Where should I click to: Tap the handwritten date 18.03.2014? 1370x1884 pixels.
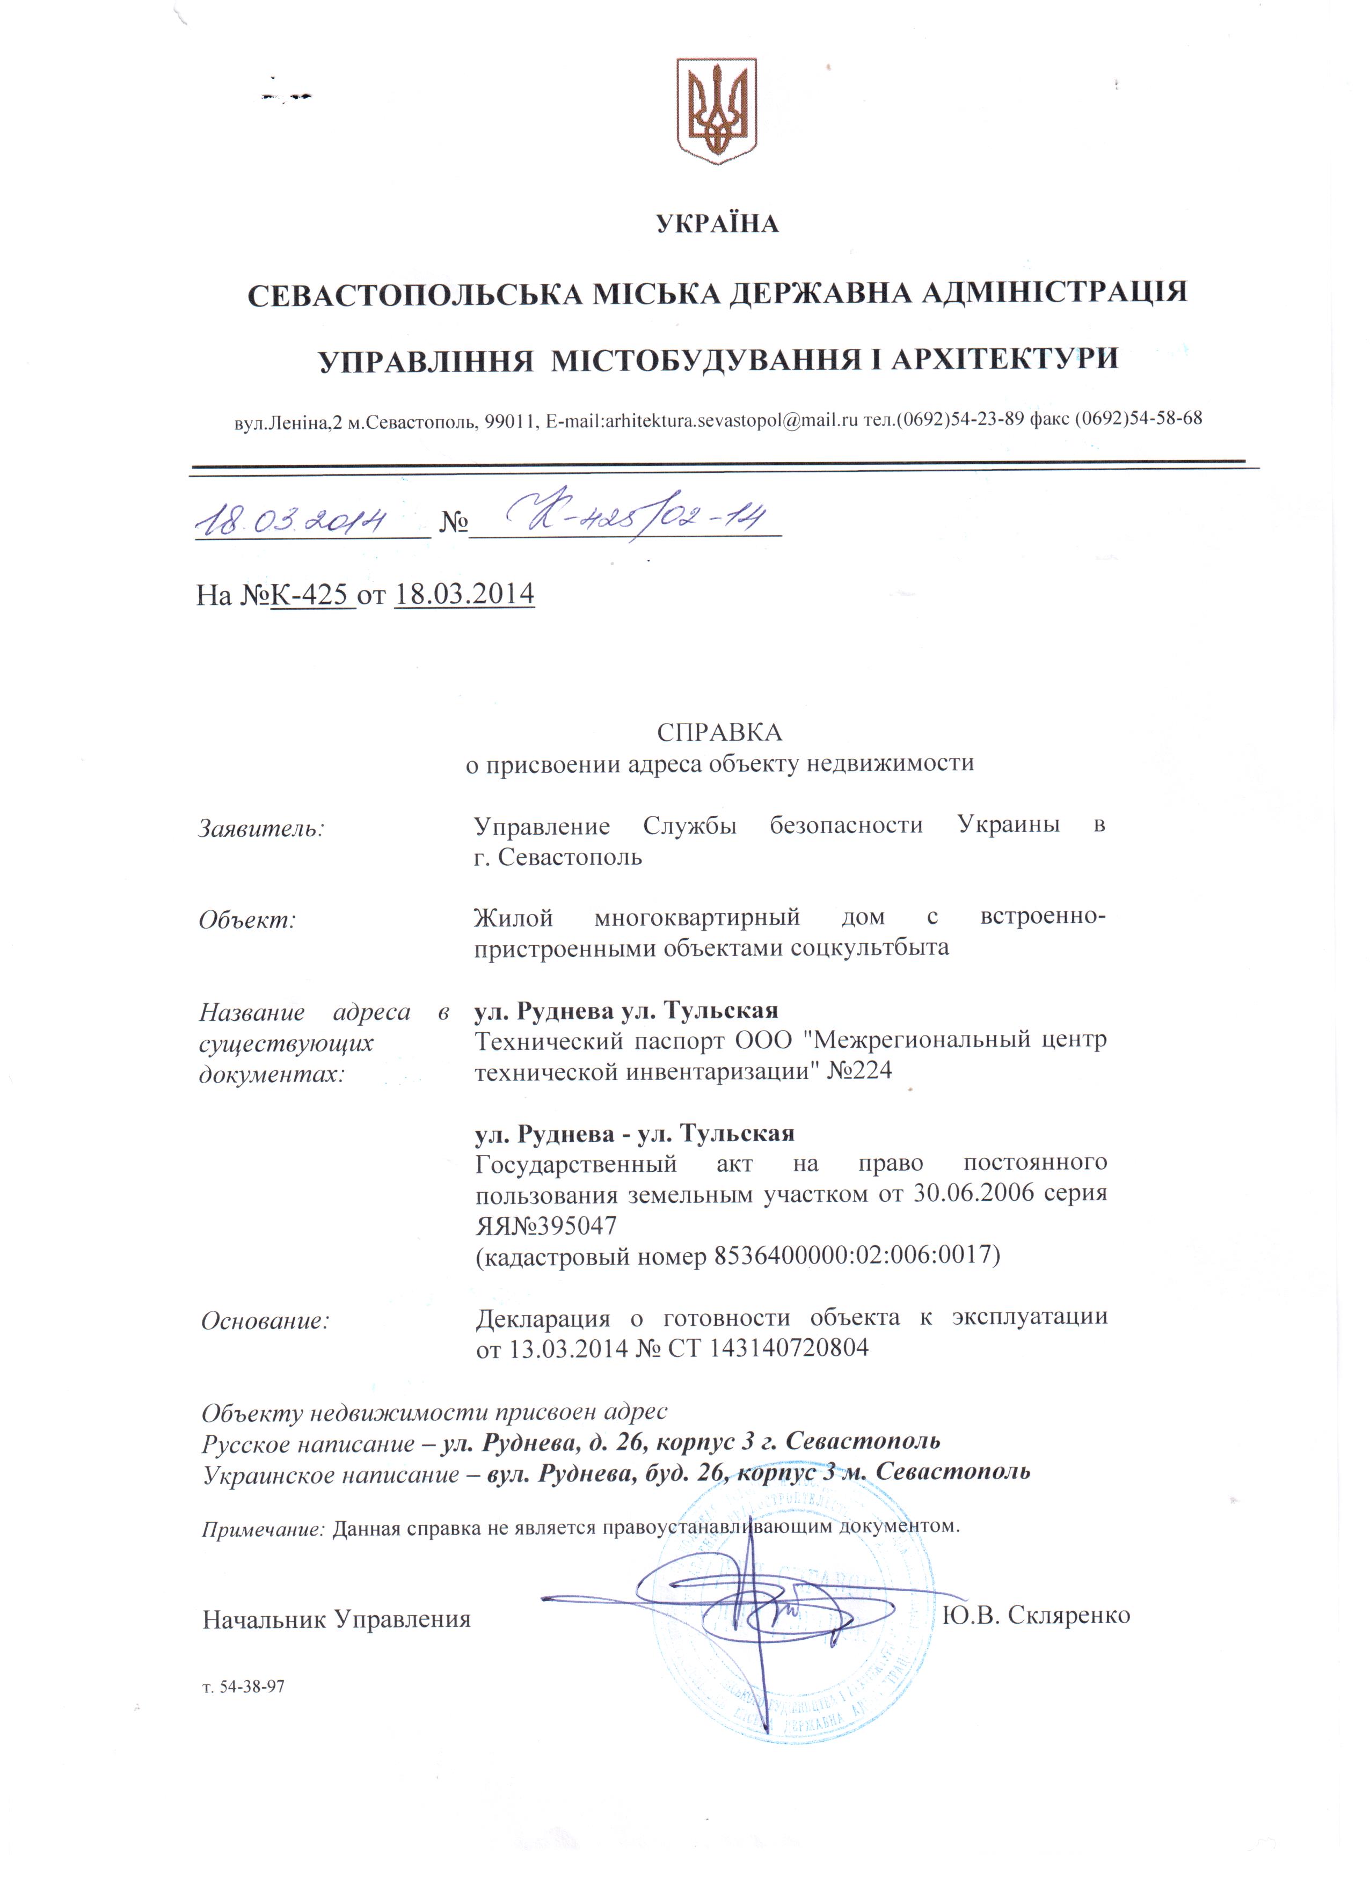pyautogui.click(x=291, y=521)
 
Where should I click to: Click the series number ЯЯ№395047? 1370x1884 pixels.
pyautogui.click(x=546, y=1225)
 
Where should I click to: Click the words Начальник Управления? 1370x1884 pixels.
pyautogui.click(x=337, y=1619)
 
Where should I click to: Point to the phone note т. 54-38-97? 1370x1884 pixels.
pyautogui.click(x=243, y=1687)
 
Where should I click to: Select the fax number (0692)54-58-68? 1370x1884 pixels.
pyautogui.click(x=1138, y=419)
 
